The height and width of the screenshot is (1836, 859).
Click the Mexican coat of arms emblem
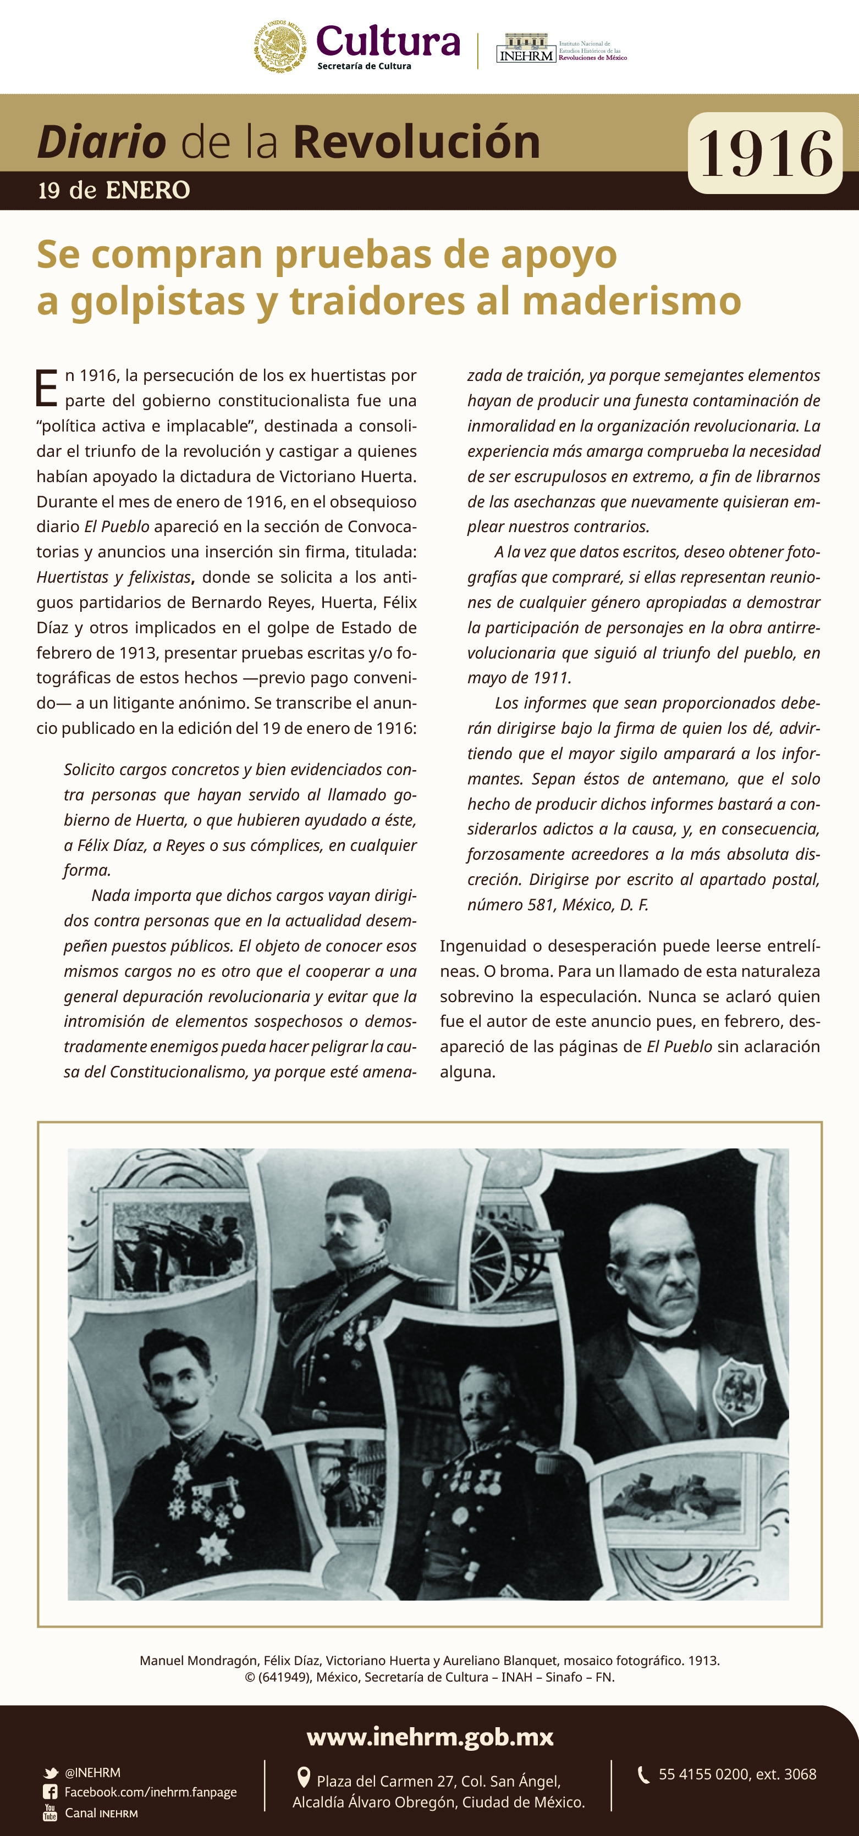[280, 46]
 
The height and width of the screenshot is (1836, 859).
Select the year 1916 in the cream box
[765, 153]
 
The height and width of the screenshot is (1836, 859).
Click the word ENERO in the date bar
[147, 190]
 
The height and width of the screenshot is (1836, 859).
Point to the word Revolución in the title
[416, 142]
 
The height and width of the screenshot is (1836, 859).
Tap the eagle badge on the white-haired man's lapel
[741, 1386]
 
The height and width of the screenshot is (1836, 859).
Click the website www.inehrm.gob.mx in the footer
[430, 1737]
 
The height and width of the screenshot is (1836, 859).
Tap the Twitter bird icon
[51, 1773]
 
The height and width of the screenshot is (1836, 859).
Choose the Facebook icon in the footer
[50, 1792]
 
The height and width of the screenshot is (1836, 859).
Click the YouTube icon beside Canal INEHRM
[50, 1812]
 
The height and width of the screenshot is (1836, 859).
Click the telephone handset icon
[643, 1774]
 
